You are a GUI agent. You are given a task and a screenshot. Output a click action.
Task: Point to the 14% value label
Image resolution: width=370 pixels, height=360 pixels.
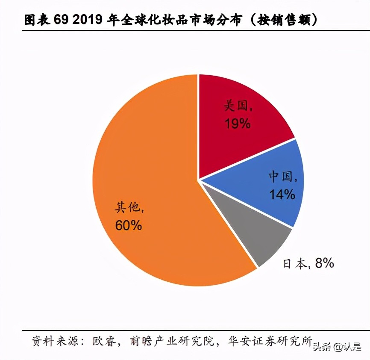[282, 195]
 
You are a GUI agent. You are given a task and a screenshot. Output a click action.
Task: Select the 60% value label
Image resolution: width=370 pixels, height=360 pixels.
[128, 225]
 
